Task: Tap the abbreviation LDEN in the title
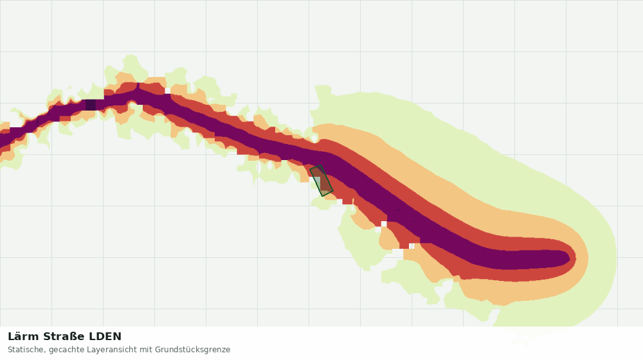[105, 337]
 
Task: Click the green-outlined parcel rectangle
[321, 181]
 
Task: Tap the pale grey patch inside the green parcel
[317, 182]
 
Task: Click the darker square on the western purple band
[91, 105]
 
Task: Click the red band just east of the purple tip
[573, 258]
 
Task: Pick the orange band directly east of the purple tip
[583, 258]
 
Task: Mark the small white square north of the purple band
[167, 91]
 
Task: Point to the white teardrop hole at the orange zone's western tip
[314, 138]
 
